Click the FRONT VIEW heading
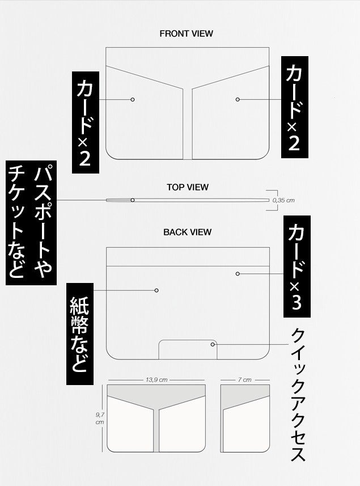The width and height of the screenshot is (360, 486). [186, 33]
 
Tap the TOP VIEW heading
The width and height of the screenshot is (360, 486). [188, 187]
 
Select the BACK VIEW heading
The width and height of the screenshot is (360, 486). [187, 232]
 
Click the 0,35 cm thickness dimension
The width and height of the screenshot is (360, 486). [283, 200]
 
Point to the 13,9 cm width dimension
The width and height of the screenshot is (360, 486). [156, 380]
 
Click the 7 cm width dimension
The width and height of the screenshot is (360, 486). [245, 380]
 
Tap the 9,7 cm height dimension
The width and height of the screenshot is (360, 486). [100, 419]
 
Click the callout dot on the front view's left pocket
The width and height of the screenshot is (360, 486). [133, 99]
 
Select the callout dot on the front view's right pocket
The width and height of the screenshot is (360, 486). [238, 99]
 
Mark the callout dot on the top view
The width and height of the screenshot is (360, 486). [133, 200]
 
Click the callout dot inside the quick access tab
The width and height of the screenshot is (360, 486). [213, 344]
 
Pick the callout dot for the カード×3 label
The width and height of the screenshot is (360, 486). [238, 274]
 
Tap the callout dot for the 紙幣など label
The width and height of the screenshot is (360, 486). [156, 290]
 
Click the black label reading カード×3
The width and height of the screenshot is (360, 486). [297, 267]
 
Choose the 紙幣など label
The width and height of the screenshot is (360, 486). [80, 334]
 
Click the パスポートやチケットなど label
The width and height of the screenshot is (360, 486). [31, 223]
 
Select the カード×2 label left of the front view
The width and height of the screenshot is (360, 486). [86, 122]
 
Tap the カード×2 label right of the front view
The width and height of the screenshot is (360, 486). [295, 107]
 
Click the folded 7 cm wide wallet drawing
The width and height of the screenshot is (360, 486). [245, 419]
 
